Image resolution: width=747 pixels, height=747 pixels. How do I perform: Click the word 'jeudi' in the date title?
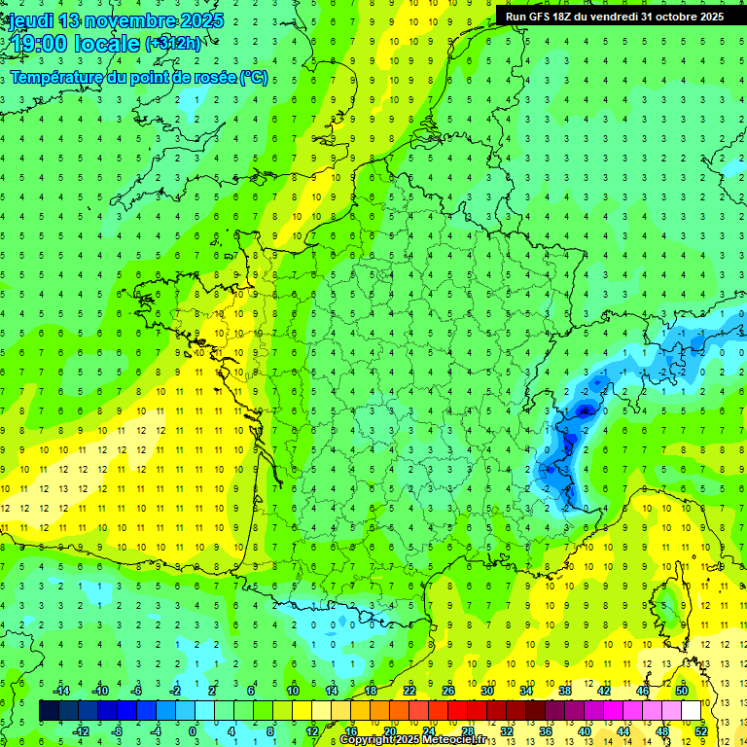point(30,20)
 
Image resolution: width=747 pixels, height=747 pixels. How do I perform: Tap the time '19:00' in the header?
point(36,45)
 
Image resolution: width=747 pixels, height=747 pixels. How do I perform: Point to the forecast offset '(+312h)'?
point(174,44)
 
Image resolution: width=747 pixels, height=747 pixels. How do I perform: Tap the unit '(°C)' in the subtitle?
point(253,78)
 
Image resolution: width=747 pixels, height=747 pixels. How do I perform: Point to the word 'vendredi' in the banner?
point(626,17)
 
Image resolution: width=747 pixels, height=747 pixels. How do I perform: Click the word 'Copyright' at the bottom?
point(368,740)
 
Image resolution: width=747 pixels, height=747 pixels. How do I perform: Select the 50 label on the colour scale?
point(682,691)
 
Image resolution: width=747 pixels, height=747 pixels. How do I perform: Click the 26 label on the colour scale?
point(448,691)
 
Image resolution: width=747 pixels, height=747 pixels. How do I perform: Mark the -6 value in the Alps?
point(584,410)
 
